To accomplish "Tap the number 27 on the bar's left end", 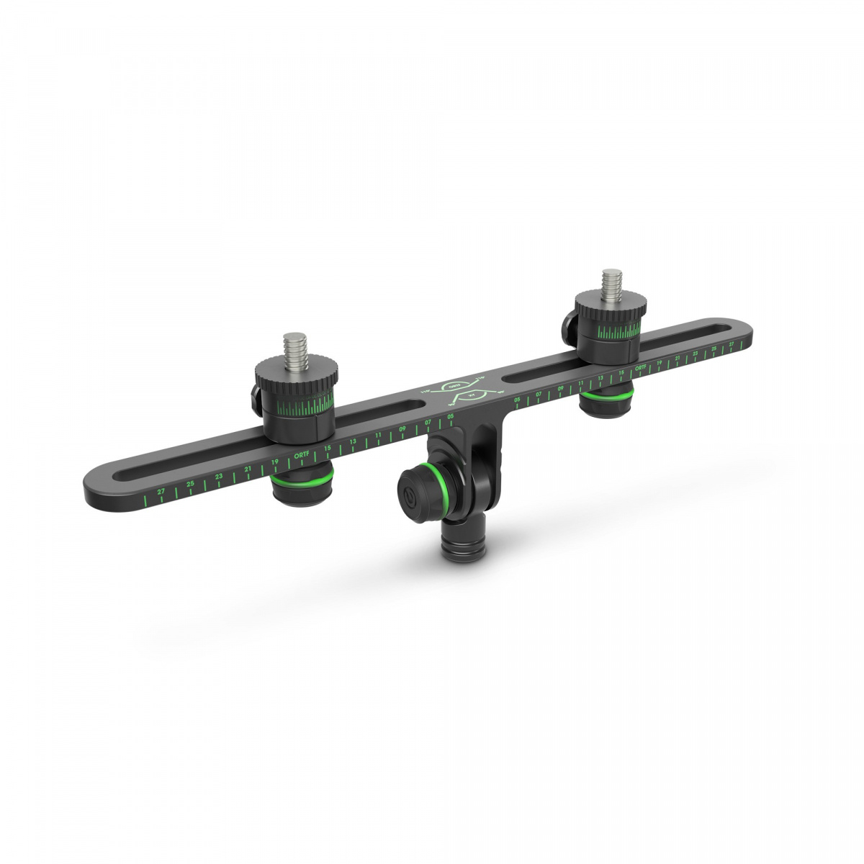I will point(161,490).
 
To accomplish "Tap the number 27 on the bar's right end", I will point(732,345).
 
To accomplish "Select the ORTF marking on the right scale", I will point(640,367).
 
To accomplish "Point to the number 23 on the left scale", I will point(219,477).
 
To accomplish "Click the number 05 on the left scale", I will point(450,417).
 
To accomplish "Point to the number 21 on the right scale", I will point(678,359).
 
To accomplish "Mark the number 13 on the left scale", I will point(353,442).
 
